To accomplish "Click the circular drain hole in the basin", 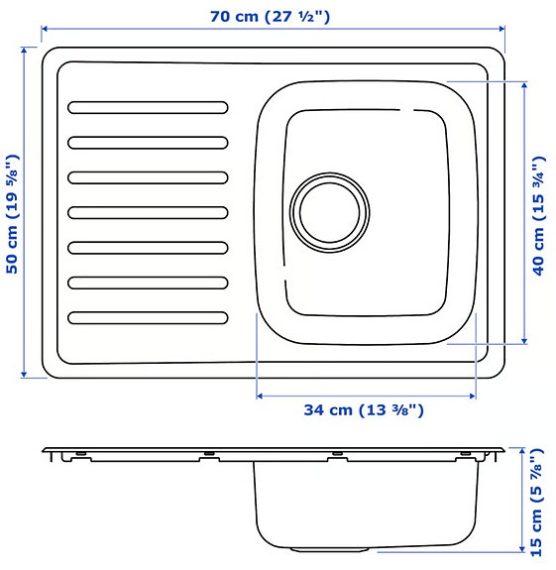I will (329, 211).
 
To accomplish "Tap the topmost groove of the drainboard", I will (149, 106).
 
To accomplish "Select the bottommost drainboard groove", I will (149, 317).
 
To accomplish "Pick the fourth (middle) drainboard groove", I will (149, 211).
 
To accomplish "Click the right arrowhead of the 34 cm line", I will (475, 395).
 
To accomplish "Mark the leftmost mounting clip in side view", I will (69, 457).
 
